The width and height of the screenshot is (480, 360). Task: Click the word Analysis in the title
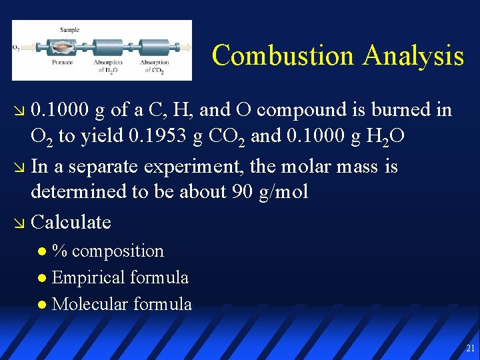pyautogui.click(x=413, y=55)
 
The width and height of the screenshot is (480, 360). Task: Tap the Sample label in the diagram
pyautogui.click(x=69, y=30)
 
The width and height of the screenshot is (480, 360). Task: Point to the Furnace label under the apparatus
pyautogui.click(x=63, y=63)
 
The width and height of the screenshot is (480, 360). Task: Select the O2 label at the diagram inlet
pyautogui.click(x=16, y=47)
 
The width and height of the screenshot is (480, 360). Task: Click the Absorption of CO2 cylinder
pyautogui.click(x=155, y=47)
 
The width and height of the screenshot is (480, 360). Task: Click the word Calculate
pyautogui.click(x=71, y=221)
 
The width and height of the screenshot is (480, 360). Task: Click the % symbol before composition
pyautogui.click(x=60, y=251)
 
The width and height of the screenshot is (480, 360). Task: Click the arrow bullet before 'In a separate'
pyautogui.click(x=19, y=166)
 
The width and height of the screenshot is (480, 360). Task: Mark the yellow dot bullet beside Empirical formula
pyautogui.click(x=42, y=278)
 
